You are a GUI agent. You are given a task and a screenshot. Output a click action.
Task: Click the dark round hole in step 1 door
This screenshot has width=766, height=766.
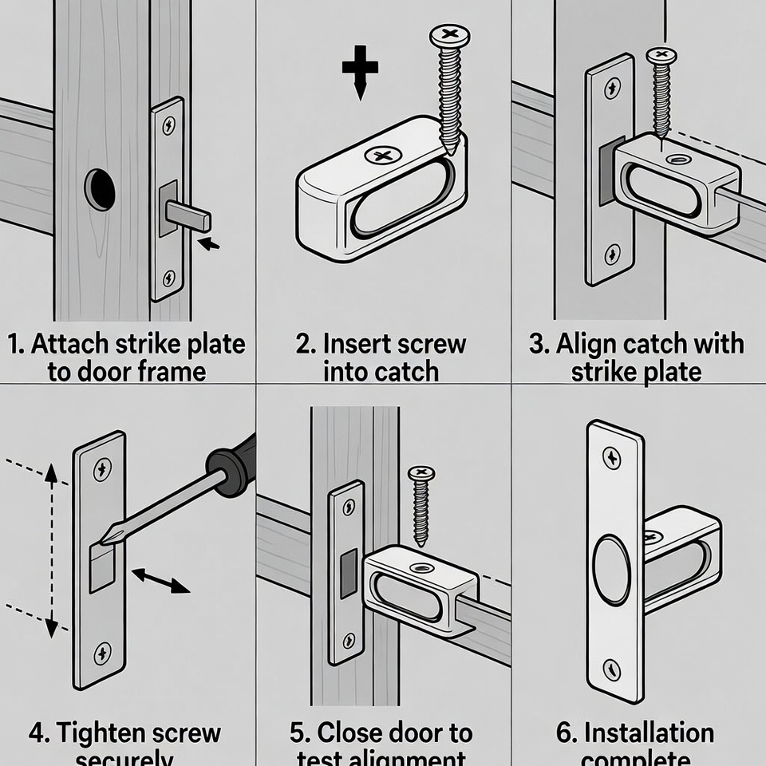100,190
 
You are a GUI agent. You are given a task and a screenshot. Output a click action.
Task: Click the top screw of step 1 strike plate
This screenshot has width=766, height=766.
168,125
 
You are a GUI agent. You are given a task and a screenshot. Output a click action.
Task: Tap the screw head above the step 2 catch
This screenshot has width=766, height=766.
450,36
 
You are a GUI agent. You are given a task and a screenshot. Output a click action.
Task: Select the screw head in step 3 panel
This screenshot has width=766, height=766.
661,56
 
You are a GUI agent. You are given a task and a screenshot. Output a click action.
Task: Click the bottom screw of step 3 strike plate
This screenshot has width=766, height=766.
612,255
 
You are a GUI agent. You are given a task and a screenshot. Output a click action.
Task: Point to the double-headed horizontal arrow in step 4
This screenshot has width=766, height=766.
160,581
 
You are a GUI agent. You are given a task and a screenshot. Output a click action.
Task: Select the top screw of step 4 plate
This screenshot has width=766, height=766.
102,470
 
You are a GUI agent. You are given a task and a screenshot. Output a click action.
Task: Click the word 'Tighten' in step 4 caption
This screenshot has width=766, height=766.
100,732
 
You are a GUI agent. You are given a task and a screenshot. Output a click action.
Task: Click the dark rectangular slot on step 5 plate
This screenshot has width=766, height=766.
349,574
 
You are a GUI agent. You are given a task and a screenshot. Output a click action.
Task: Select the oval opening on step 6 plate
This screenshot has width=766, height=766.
611,571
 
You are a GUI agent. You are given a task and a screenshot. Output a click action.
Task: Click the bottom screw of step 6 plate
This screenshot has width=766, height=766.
611,669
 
